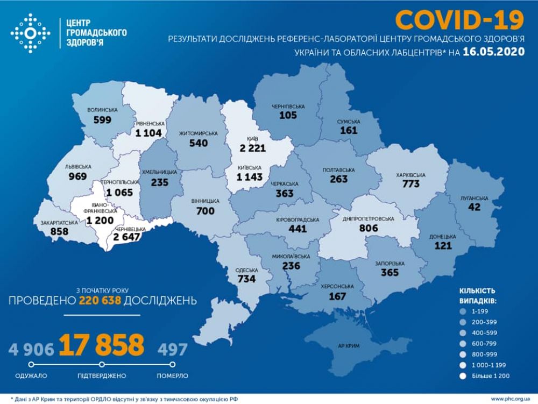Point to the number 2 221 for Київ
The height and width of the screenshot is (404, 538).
click(250, 147)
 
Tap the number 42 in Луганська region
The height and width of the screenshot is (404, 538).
click(474, 207)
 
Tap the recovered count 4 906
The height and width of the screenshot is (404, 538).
click(31, 350)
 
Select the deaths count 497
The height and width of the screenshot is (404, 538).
click(172, 350)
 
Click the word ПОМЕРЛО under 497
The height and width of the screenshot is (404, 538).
click(173, 375)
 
